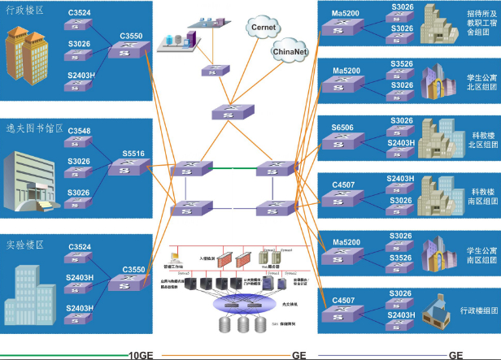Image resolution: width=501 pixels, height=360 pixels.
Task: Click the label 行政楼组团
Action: pyautogui.click(x=477, y=311)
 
